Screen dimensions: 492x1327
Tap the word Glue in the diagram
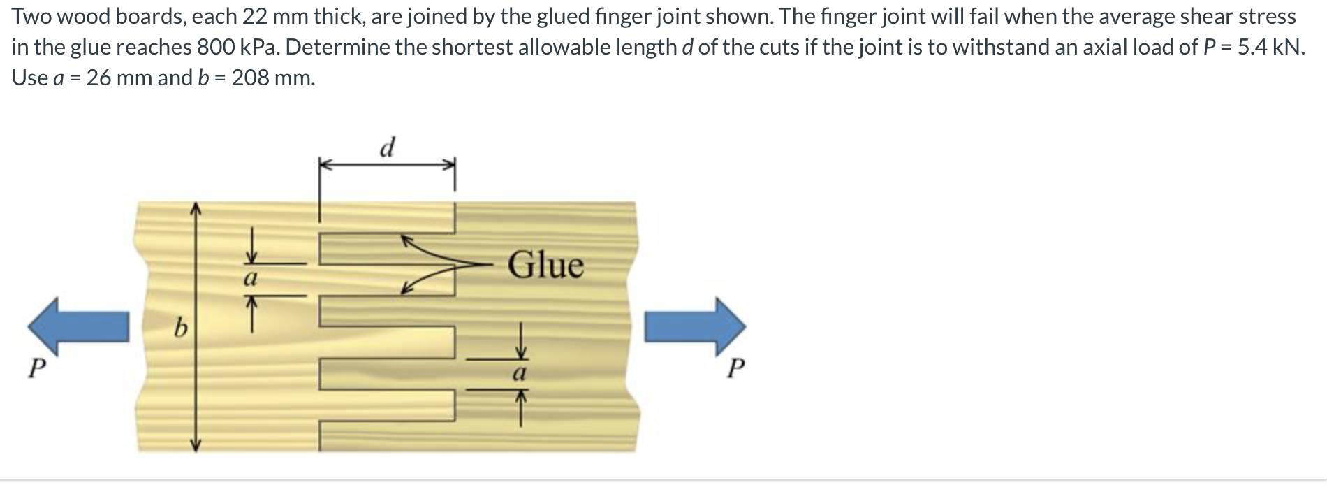point(545,266)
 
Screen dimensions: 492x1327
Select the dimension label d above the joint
point(387,147)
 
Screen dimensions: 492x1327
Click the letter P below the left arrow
point(36,368)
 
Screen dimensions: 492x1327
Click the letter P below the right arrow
point(735,368)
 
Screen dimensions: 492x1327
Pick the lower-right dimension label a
point(519,373)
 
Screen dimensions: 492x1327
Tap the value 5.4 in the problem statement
point(1254,47)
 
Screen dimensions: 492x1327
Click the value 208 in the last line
point(249,78)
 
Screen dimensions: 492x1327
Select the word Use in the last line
point(29,78)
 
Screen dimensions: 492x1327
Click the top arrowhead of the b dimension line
point(196,208)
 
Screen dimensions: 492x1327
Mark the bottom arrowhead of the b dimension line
point(196,447)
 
